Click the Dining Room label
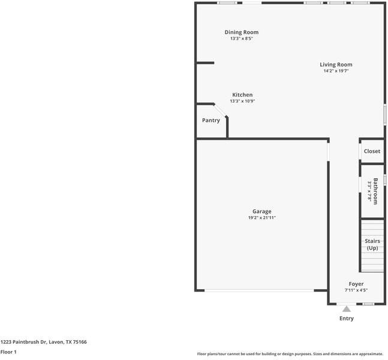click(242, 32)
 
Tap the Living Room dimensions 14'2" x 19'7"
click(336, 71)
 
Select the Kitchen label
click(242, 95)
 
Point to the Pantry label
click(211, 121)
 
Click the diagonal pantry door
click(220, 110)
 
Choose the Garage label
click(262, 211)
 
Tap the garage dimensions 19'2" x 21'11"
click(262, 218)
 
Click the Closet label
click(372, 151)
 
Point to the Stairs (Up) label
click(372, 244)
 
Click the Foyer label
click(356, 284)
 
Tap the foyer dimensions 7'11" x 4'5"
click(356, 290)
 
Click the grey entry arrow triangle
click(347, 309)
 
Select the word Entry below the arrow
click(347, 319)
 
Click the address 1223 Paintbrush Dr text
click(23, 342)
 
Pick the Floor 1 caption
click(8, 352)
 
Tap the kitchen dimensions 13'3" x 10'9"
click(242, 101)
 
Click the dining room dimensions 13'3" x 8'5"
click(242, 38)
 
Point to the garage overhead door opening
click(259, 290)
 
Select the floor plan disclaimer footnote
click(290, 354)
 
